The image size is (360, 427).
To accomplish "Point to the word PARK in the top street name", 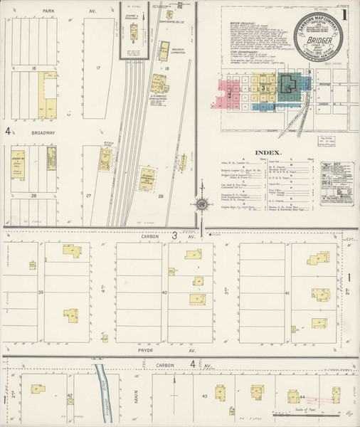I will (x=48, y=11).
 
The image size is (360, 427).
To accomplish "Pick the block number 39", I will (x=41, y=292).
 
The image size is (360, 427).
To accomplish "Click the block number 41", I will (x=287, y=293).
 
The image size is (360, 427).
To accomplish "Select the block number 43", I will (x=204, y=396).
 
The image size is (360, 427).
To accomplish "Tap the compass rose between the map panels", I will (x=203, y=206).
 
